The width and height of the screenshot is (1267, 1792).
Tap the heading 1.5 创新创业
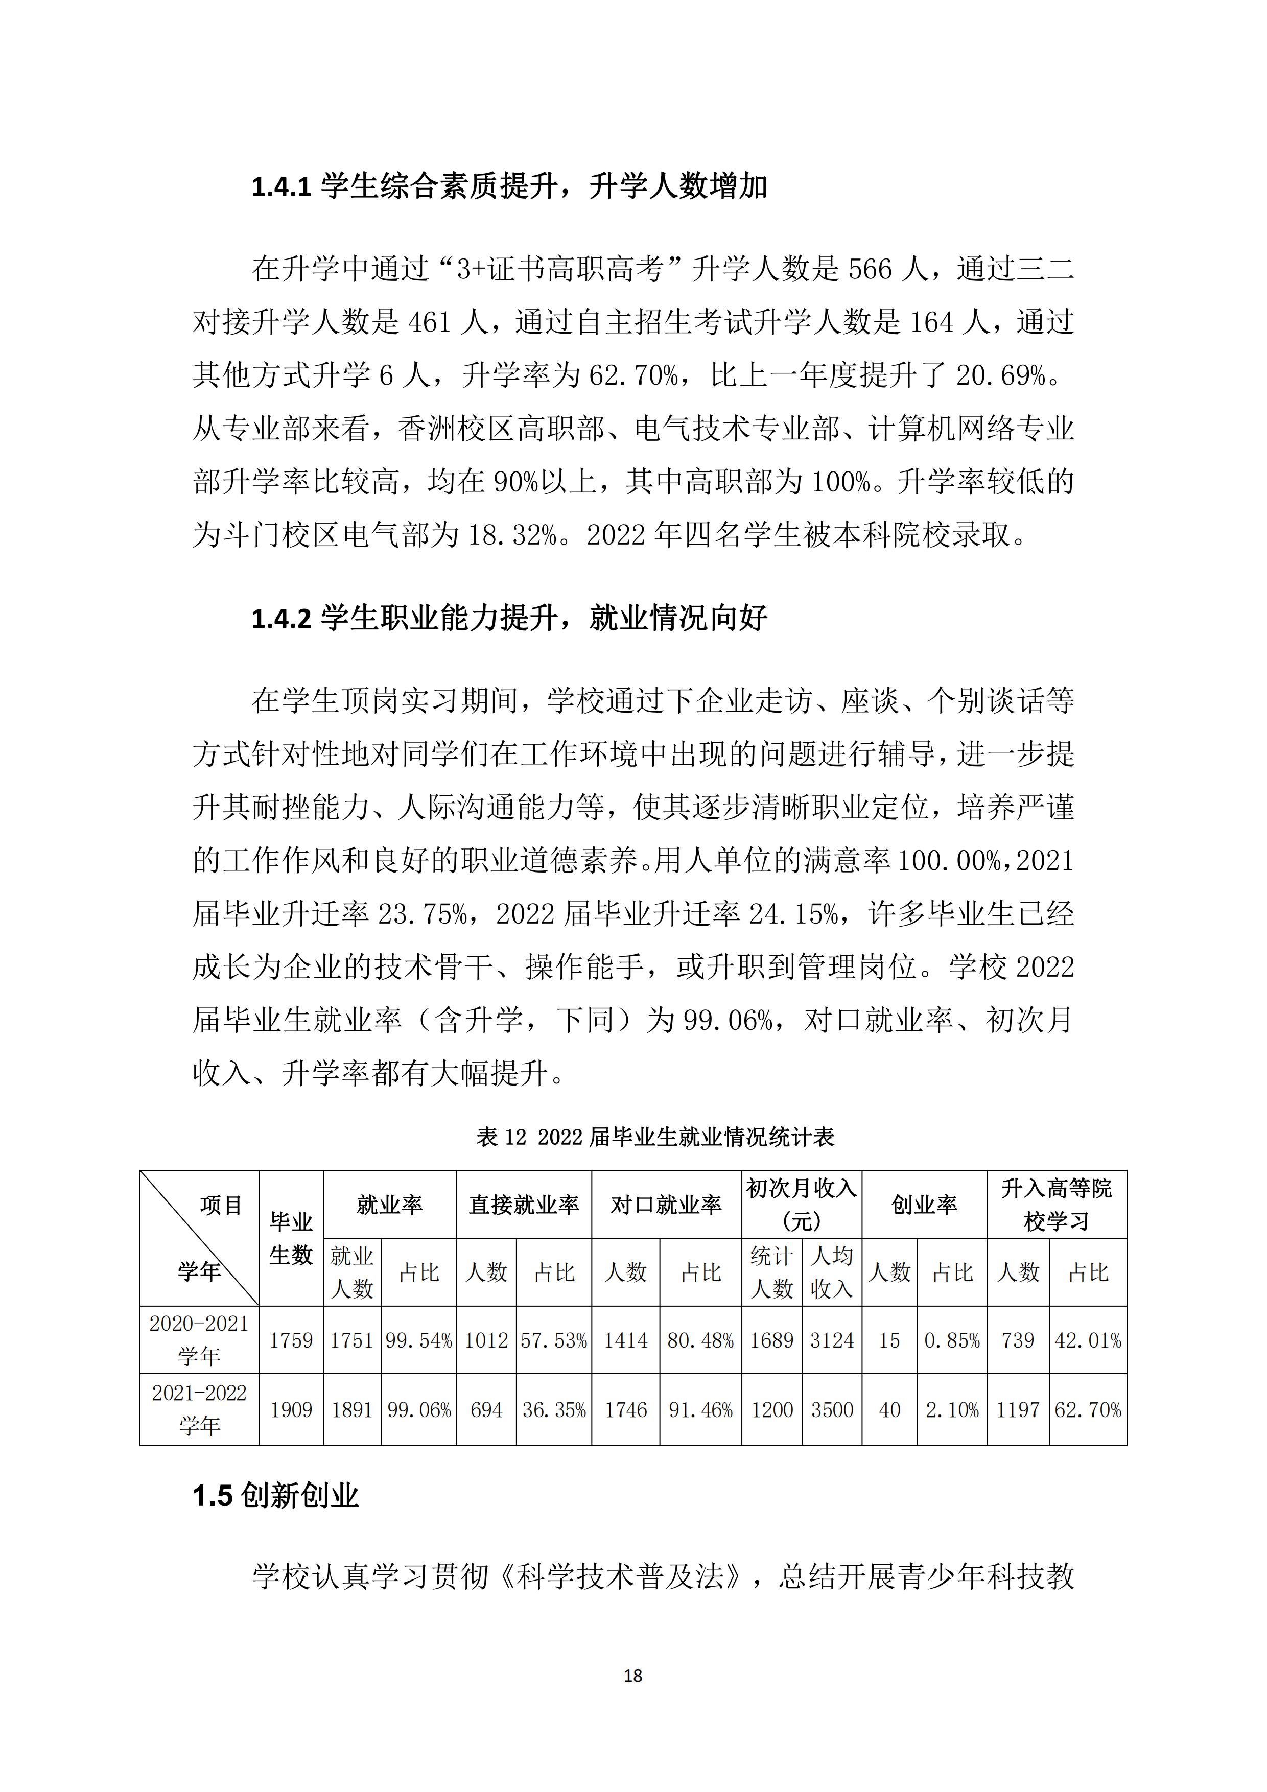point(275,1495)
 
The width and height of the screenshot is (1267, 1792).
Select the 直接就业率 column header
point(524,1205)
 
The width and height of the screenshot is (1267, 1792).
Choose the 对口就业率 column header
point(666,1205)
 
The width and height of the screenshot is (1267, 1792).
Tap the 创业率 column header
point(924,1205)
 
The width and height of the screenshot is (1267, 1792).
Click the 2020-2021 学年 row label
point(199,1339)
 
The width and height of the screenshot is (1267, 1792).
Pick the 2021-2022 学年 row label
point(199,1409)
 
